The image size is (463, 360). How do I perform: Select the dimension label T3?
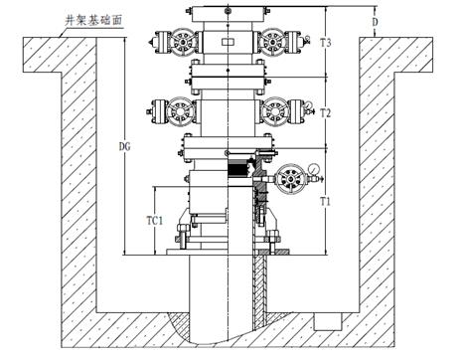(325, 43)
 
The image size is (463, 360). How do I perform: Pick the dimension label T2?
(325, 114)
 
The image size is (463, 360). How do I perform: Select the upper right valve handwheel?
(270, 43)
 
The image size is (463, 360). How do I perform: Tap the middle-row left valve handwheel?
(179, 107)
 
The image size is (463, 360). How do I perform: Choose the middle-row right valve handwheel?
(270, 107)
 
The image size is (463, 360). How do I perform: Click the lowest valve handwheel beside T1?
(290, 179)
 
